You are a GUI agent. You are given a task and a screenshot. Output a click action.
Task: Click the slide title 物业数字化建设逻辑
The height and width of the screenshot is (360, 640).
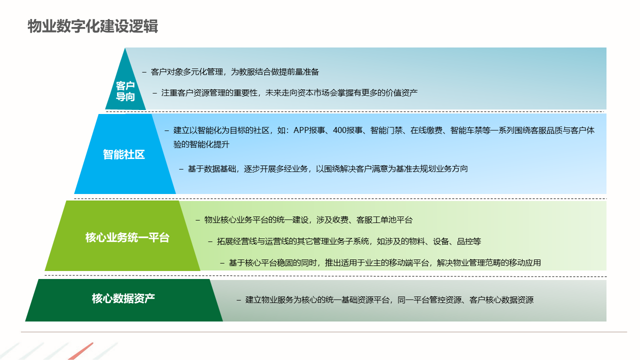pyautogui.click(x=92, y=26)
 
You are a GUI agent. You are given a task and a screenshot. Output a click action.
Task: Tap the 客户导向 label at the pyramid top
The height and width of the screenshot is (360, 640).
pyautogui.click(x=125, y=91)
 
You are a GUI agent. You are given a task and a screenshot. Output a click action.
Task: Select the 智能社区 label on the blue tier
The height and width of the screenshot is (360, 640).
pyautogui.click(x=123, y=154)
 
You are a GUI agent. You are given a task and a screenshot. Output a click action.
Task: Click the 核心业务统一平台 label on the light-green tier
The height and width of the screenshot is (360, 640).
pyautogui.click(x=127, y=237)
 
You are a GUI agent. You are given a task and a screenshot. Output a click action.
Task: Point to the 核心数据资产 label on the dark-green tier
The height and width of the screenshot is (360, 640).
pyautogui.click(x=123, y=298)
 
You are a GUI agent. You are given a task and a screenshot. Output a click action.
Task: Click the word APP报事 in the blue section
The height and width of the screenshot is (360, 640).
pyautogui.click(x=309, y=130)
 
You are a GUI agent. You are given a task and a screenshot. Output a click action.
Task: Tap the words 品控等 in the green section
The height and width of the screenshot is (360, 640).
pyautogui.click(x=469, y=241)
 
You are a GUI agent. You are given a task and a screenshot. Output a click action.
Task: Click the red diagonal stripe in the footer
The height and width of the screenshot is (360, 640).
pyautogui.click(x=81, y=351)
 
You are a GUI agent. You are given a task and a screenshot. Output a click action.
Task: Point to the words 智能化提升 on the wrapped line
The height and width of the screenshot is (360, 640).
pyautogui.click(x=209, y=144)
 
